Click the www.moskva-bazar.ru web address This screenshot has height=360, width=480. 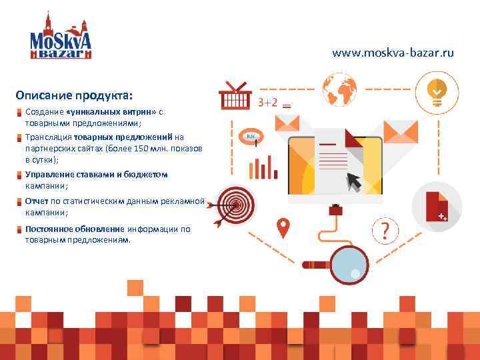pyautogui.click(x=393, y=52)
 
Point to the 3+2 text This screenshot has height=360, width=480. pyautogui.click(x=267, y=102)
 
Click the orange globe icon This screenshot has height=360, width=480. pyautogui.click(x=339, y=88)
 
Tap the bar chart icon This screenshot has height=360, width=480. pyautogui.click(x=263, y=167)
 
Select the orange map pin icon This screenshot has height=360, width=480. pyautogui.click(x=284, y=228)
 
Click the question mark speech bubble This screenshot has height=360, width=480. pyautogui.click(x=385, y=231)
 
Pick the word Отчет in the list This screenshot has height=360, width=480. pyautogui.click(x=36, y=201)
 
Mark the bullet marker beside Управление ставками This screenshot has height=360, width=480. pyautogui.click(x=20, y=175)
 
